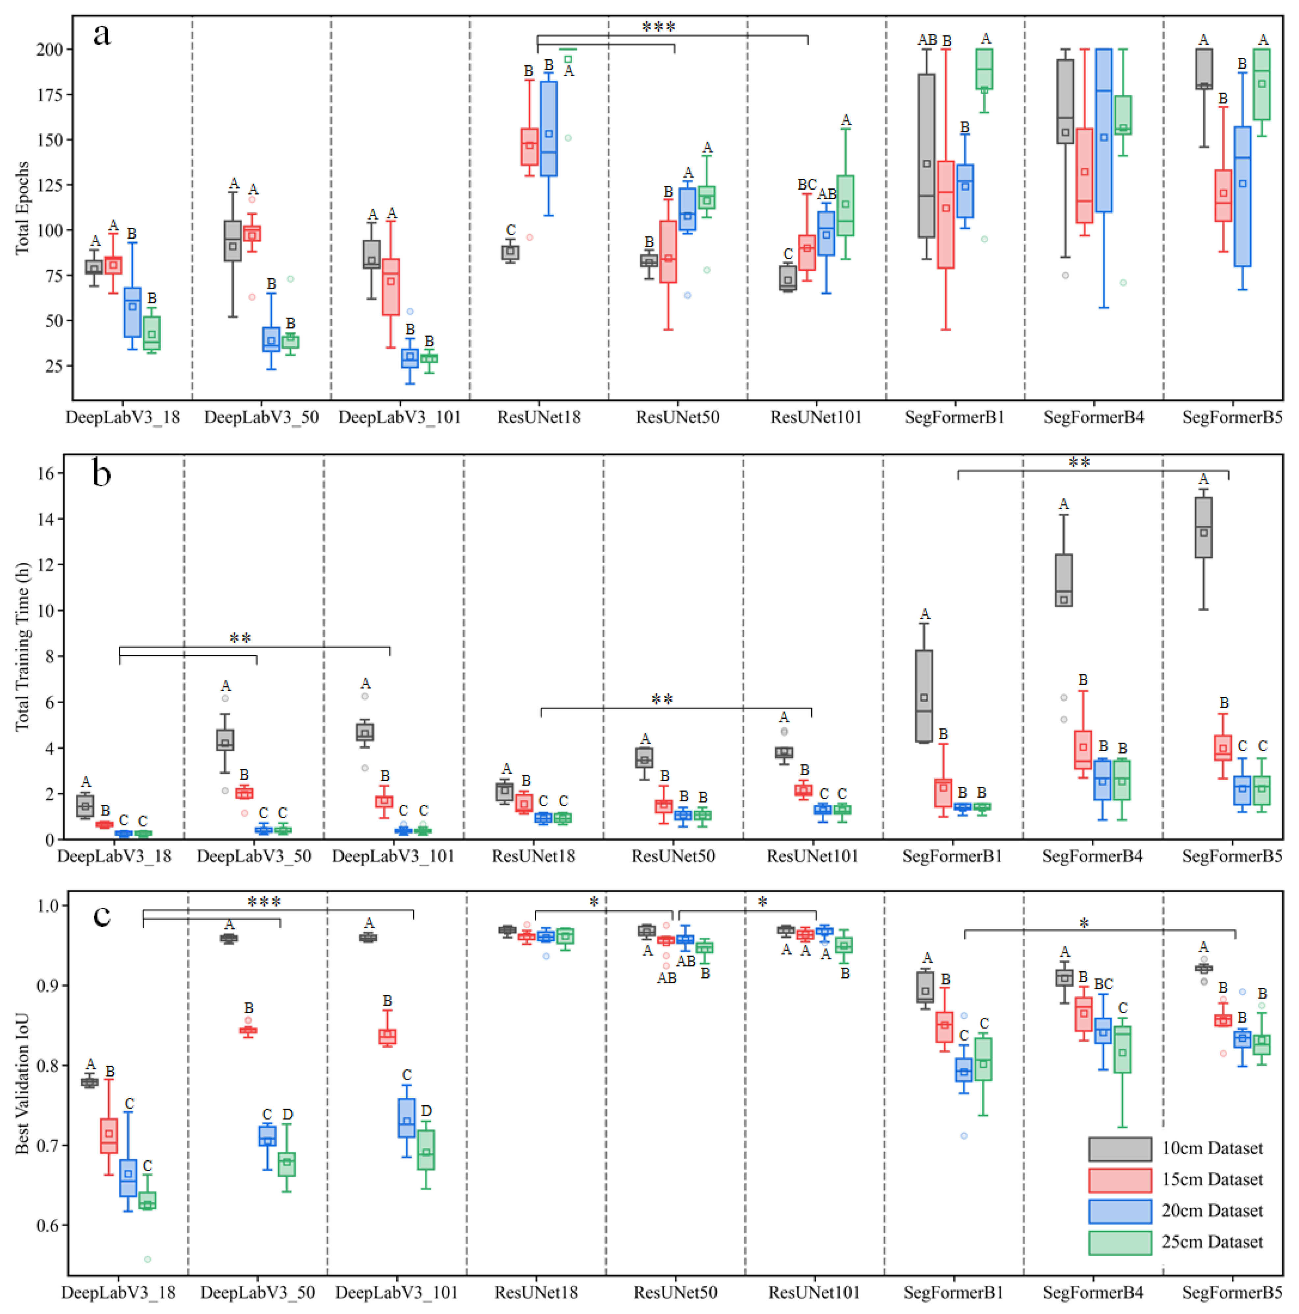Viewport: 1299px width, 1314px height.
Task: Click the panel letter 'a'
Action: coord(102,34)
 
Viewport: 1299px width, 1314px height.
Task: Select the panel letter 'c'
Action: coord(102,915)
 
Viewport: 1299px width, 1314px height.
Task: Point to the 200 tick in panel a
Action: coord(50,49)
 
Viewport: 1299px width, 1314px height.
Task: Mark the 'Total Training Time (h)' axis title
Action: coord(22,646)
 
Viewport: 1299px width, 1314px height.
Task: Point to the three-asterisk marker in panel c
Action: coord(264,902)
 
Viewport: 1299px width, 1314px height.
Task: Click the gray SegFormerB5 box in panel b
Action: coord(1203,527)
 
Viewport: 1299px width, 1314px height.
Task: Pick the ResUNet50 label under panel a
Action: coord(677,417)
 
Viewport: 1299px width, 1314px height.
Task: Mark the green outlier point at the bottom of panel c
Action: coord(147,1260)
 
